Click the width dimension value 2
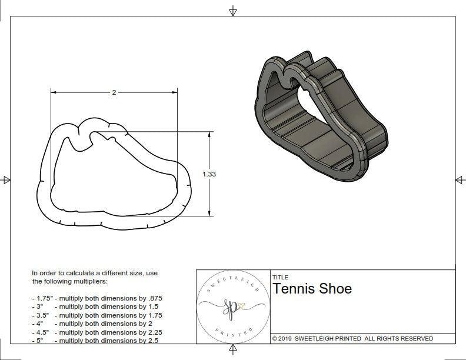pyautogui.click(x=114, y=92)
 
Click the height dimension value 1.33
pyautogui.click(x=209, y=174)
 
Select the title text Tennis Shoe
pyautogui.click(x=312, y=288)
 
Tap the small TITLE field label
pyautogui.click(x=280, y=277)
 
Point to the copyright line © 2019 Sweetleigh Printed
pyautogui.click(x=352, y=338)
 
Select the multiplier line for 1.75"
pyautogui.click(x=101, y=298)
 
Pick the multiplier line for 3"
pyautogui.click(x=97, y=306)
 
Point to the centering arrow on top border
pyautogui.click(x=233, y=11)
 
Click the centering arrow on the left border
pyautogui.click(x=6, y=179)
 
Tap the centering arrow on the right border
pyautogui.click(x=460, y=179)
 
